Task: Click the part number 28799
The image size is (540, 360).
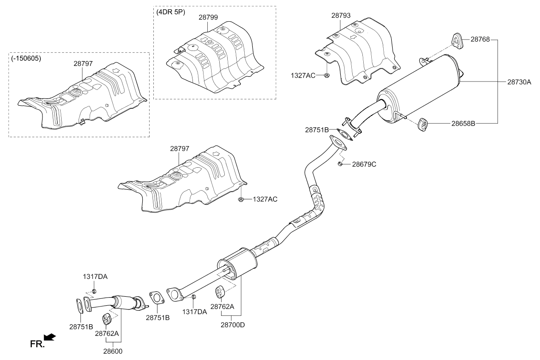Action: (208, 17)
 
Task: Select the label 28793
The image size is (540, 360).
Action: (341, 15)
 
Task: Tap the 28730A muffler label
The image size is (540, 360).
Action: (519, 82)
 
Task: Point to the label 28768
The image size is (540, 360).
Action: (480, 39)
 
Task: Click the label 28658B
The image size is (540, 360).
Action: (463, 124)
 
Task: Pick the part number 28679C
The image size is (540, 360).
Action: (364, 164)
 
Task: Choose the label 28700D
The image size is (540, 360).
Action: (233, 325)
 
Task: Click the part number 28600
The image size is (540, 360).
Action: (113, 352)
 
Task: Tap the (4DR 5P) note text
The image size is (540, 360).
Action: (171, 12)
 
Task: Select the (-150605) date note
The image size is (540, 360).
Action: (26, 58)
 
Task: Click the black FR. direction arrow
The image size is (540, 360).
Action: (50, 337)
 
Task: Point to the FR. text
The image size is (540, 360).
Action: (37, 344)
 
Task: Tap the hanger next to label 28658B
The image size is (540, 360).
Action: (423, 125)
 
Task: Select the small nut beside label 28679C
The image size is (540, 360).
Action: (340, 164)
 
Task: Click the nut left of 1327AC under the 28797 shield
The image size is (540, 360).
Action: (240, 200)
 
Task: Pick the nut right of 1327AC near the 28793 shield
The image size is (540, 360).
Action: (327, 76)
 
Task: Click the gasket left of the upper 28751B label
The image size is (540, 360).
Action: (345, 135)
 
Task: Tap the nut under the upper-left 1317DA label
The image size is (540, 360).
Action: (94, 291)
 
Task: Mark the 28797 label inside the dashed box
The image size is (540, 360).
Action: (83, 64)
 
